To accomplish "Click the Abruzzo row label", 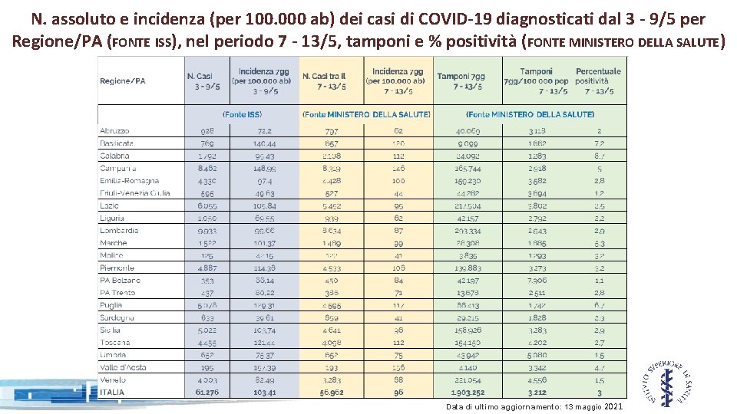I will point(114,131).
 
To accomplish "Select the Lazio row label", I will point(109,205).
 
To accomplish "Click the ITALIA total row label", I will point(111,393).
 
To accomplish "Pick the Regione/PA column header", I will point(122,80).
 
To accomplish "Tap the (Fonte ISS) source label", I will point(243,114).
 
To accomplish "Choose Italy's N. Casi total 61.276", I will point(207,393).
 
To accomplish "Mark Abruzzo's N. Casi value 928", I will point(207,131).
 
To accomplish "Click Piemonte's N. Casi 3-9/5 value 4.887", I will point(207,268).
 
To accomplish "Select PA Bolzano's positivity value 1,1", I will point(599,281).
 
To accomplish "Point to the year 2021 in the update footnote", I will point(614,406).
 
